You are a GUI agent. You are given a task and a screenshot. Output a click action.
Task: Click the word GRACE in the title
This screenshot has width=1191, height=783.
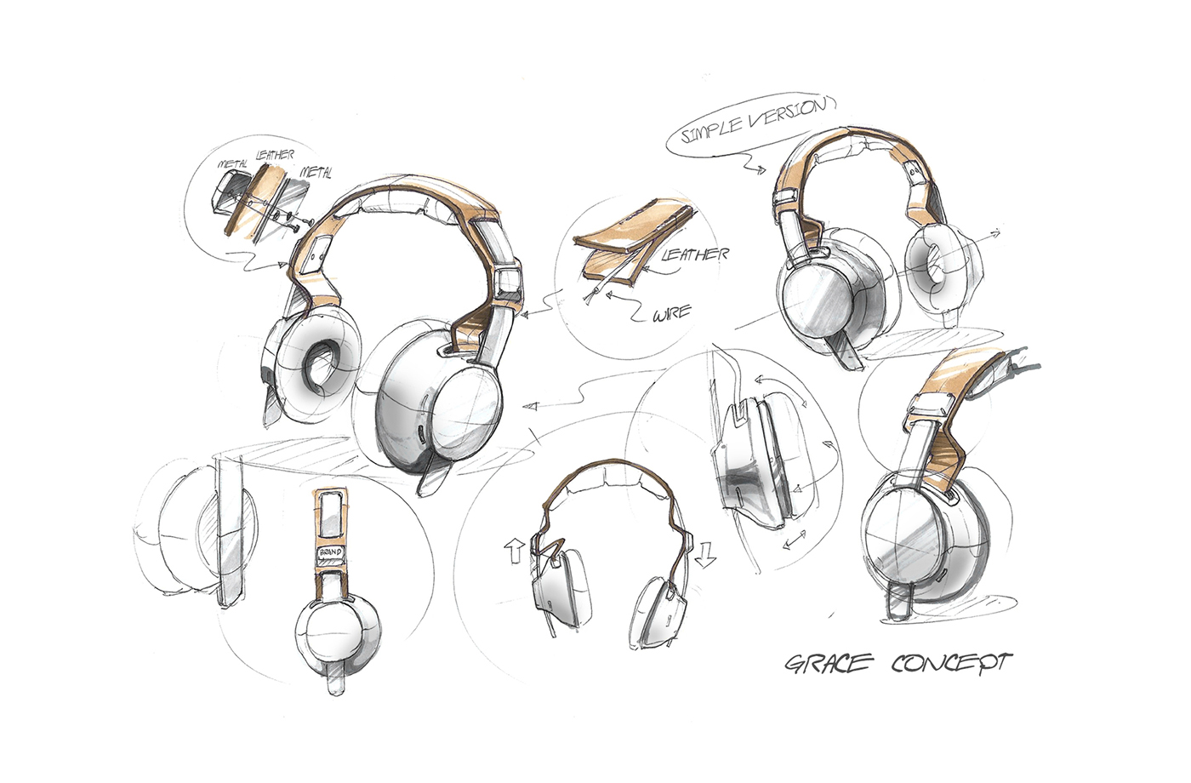pyautogui.click(x=824, y=663)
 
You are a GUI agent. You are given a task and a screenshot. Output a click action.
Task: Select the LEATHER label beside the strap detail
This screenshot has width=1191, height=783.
pyautogui.click(x=694, y=254)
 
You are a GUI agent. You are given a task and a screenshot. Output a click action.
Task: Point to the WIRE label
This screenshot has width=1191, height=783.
pyautogui.click(x=671, y=316)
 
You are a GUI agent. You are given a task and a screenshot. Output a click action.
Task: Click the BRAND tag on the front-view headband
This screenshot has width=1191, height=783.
pyautogui.click(x=330, y=554)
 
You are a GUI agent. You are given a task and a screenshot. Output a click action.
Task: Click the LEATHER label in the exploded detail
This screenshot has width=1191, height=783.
pyautogui.click(x=275, y=156)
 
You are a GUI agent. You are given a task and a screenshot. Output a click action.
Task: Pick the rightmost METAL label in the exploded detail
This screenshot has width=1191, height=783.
pyautogui.click(x=315, y=173)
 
